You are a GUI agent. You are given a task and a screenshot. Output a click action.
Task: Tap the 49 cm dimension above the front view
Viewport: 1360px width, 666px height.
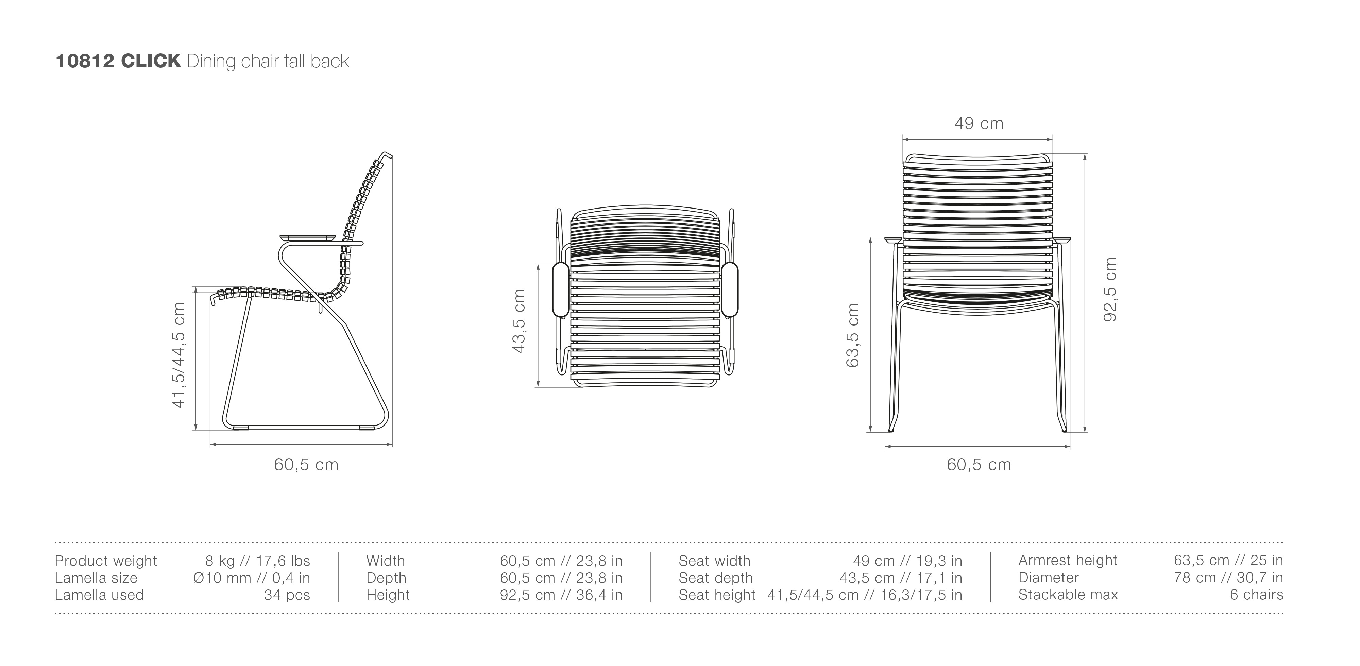click(x=979, y=123)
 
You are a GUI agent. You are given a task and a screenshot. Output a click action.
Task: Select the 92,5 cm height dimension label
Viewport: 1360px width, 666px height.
click(x=1110, y=289)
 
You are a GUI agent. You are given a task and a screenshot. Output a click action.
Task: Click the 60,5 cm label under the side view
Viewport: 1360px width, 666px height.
click(x=306, y=465)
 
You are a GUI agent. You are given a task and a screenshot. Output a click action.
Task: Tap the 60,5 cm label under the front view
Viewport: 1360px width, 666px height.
click(x=979, y=465)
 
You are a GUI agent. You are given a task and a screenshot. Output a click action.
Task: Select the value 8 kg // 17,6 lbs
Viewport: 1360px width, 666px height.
click(x=258, y=561)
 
